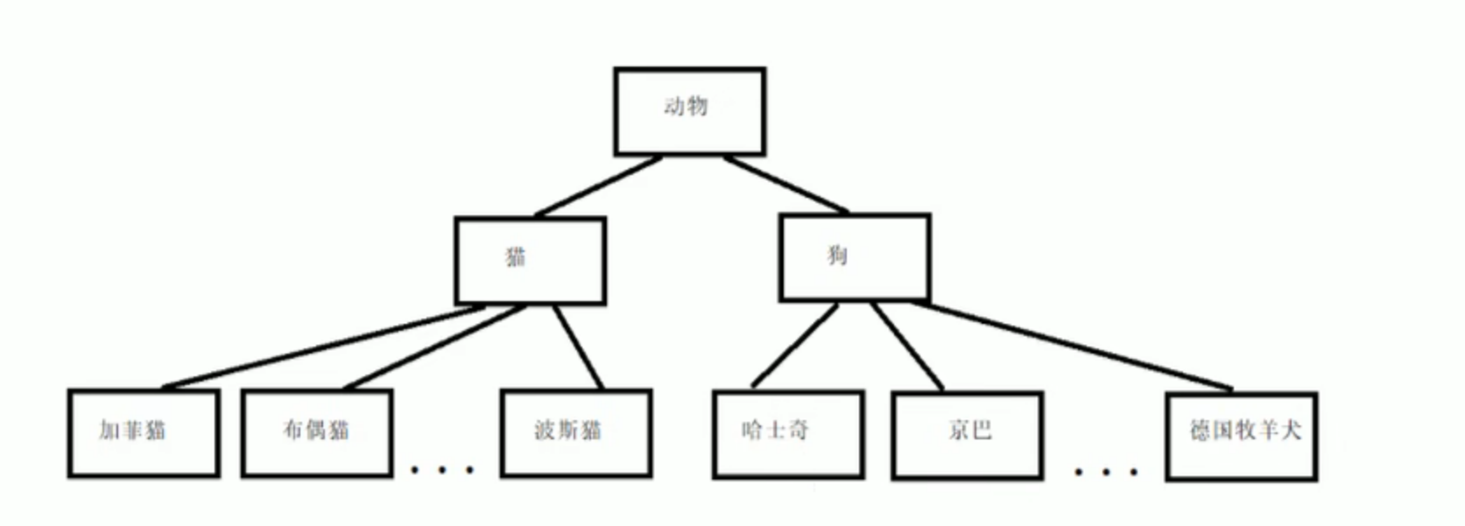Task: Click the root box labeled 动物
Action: (x=689, y=112)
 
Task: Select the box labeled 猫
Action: (x=530, y=260)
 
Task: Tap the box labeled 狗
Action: (x=854, y=257)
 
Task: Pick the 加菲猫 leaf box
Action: (x=143, y=432)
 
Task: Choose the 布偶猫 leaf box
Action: (x=316, y=432)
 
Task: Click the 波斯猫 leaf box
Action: (x=575, y=432)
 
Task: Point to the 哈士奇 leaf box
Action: (x=788, y=434)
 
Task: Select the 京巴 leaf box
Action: (x=967, y=435)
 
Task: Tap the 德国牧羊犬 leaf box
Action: (x=1241, y=436)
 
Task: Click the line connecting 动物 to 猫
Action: (x=598, y=186)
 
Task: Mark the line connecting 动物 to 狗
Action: (x=785, y=184)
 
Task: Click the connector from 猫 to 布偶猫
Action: (x=435, y=347)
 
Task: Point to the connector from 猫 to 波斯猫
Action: (x=578, y=347)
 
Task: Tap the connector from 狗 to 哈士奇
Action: (x=794, y=345)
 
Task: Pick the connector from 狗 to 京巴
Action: (x=907, y=347)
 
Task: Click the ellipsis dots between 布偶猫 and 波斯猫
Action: (x=442, y=470)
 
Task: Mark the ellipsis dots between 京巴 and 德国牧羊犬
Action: (x=1106, y=472)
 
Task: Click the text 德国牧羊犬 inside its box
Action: (x=1244, y=430)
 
